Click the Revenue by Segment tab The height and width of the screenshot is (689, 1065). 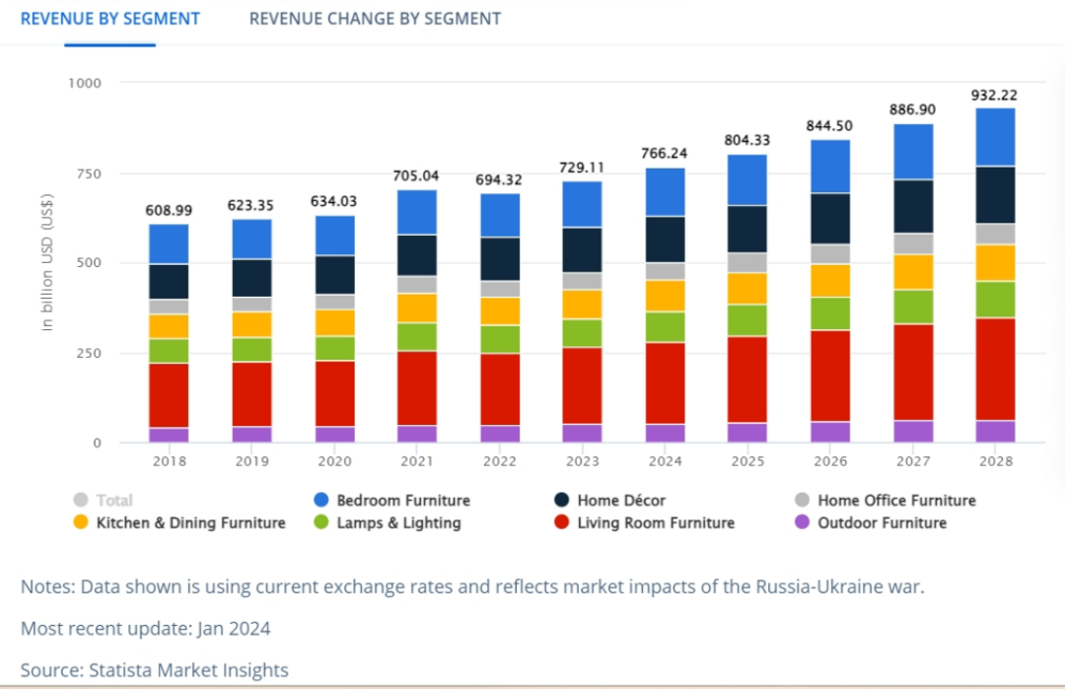tap(110, 19)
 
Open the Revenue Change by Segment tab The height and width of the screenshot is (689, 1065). tap(375, 19)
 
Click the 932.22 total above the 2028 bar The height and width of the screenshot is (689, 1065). tap(994, 96)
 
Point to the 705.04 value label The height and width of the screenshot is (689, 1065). tap(418, 176)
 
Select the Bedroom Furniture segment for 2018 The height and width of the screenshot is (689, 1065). tap(169, 243)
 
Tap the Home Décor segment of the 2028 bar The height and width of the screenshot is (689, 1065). tap(995, 194)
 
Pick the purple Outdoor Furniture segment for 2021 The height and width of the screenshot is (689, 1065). tap(418, 434)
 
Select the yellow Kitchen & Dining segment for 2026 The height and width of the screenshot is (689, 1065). tap(830, 280)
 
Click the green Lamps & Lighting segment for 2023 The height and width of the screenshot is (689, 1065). tap(583, 332)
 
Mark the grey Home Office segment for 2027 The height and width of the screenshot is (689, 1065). tap(913, 243)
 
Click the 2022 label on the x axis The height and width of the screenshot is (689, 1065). tap(500, 460)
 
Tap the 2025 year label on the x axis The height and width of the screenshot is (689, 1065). tap(748, 460)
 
